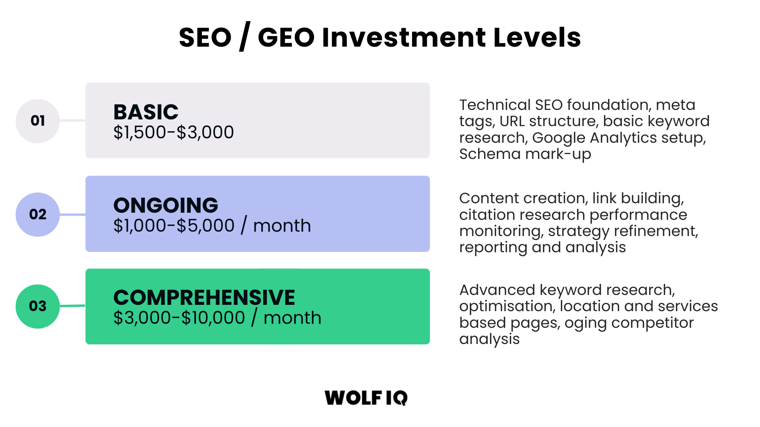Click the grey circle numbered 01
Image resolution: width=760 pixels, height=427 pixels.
click(x=38, y=121)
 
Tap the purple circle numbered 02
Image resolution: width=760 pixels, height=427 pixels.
click(x=38, y=214)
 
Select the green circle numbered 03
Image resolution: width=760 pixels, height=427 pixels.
click(x=38, y=306)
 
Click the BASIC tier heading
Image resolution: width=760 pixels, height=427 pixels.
click(x=146, y=112)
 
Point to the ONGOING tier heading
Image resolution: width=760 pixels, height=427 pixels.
click(x=165, y=205)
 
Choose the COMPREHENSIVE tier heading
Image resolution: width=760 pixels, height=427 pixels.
click(x=204, y=297)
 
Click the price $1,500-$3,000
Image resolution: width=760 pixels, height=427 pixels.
click(x=173, y=132)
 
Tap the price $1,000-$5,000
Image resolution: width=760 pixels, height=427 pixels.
click(x=174, y=226)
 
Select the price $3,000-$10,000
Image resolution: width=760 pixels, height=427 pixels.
click(x=179, y=318)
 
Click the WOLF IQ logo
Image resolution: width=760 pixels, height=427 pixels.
click(x=366, y=398)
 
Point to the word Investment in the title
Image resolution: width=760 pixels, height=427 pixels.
click(x=404, y=38)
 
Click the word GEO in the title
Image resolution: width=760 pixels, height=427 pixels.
click(x=286, y=38)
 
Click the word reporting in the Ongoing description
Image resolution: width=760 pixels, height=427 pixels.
click(x=493, y=248)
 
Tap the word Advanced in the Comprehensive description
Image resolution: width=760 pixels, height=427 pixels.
click(x=497, y=290)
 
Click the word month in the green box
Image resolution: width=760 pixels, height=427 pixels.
click(x=292, y=318)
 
